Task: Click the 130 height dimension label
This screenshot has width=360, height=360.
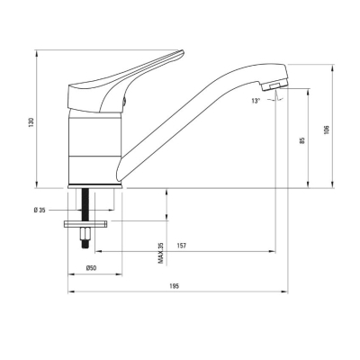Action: [31, 122]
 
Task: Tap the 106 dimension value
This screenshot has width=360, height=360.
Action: [327, 130]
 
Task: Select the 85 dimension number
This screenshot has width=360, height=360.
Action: [302, 140]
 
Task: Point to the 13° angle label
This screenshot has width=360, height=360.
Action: [256, 101]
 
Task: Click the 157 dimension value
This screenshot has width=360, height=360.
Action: [182, 246]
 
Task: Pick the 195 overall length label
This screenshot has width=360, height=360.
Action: [174, 286]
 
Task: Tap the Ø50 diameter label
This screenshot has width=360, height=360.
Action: [91, 268]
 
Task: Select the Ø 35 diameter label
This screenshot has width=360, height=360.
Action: [40, 211]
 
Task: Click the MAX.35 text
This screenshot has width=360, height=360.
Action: [161, 253]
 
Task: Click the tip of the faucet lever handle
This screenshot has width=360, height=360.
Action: [182, 52]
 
